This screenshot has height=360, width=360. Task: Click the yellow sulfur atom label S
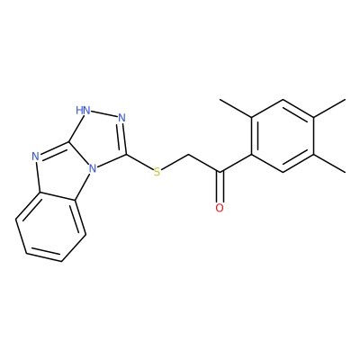(x=157, y=172)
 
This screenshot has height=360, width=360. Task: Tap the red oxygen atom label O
(x=220, y=208)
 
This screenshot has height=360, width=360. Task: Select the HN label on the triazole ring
(x=83, y=110)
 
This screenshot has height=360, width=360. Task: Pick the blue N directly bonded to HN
(x=121, y=117)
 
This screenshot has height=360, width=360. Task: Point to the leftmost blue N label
(x=35, y=156)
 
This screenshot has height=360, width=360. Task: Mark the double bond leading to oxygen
(x=220, y=186)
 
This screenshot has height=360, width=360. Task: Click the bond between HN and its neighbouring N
(x=103, y=114)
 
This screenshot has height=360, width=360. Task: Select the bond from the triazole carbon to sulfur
(x=139, y=162)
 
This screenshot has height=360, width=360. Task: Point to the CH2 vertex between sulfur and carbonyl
(x=188, y=155)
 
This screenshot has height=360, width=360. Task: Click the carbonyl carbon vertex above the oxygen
(x=220, y=172)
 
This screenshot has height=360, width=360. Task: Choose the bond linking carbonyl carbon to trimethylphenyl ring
(x=236, y=164)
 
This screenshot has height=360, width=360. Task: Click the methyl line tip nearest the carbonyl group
(x=220, y=99)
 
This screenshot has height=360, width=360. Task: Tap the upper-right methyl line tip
(x=345, y=99)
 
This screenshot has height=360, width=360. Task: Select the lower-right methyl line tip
(x=345, y=172)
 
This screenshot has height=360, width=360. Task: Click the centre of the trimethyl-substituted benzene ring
(x=283, y=136)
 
